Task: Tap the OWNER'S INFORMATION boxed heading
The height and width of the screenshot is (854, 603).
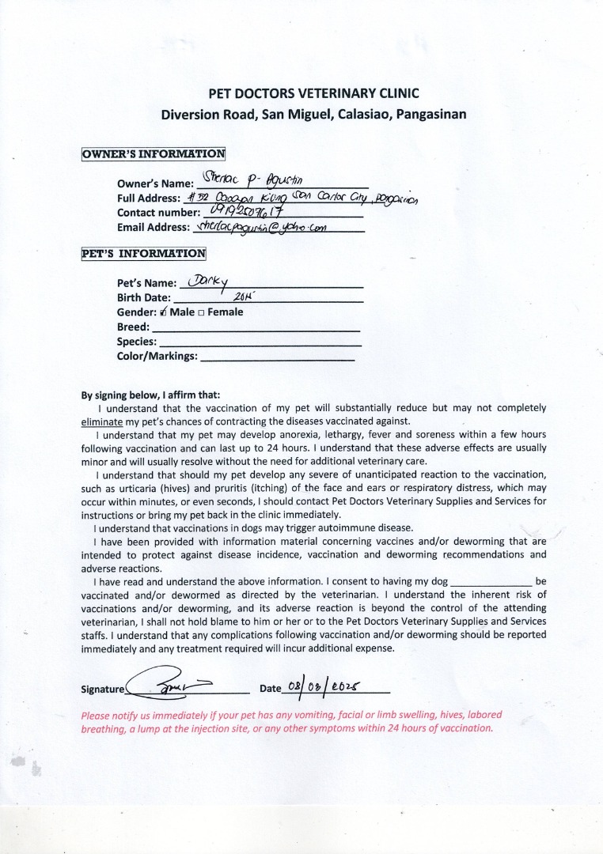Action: pyautogui.click(x=154, y=154)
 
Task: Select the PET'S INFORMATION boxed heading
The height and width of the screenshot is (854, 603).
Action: pyautogui.click(x=144, y=254)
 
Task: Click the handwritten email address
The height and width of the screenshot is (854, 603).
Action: pyautogui.click(x=266, y=226)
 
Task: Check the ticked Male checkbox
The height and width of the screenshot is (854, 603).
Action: pyautogui.click(x=163, y=312)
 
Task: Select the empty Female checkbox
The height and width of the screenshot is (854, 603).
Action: pyautogui.click(x=201, y=312)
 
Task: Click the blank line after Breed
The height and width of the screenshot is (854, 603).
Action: pyautogui.click(x=255, y=328)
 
